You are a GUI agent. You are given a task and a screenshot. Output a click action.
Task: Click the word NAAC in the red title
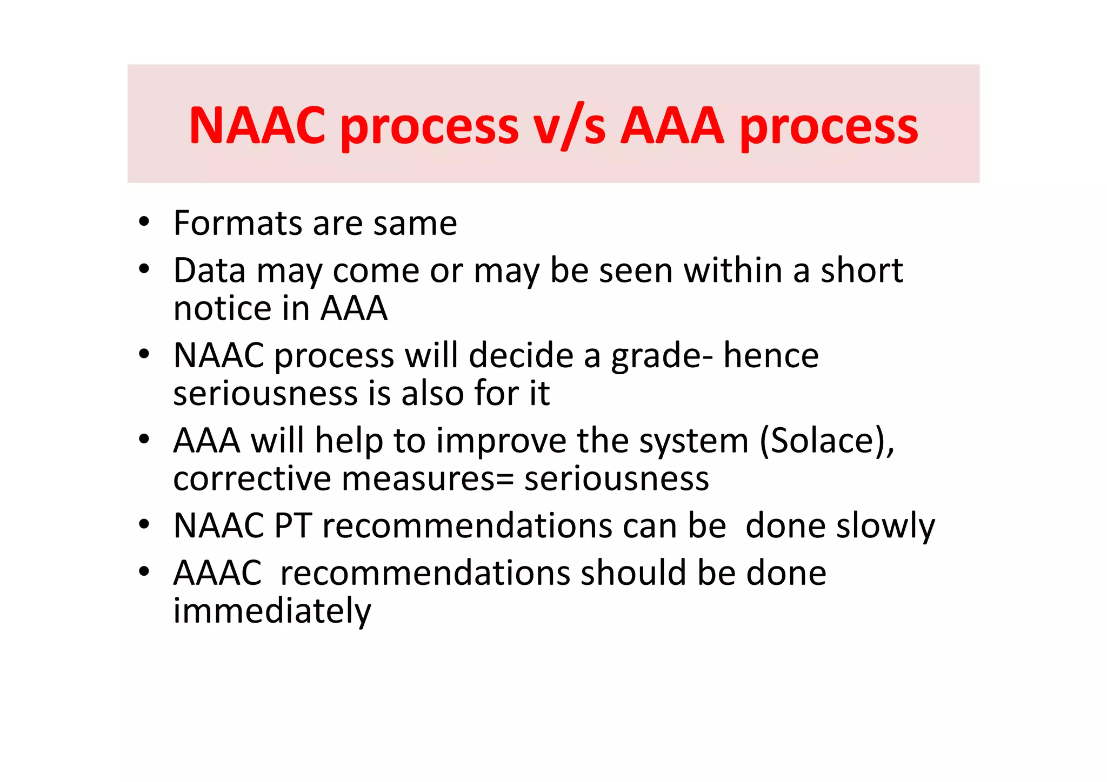(257, 125)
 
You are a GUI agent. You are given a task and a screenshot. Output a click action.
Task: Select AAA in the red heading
(672, 125)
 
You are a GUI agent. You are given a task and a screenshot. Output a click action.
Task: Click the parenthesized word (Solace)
(827, 441)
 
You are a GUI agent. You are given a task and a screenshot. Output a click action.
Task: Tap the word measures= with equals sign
(427, 478)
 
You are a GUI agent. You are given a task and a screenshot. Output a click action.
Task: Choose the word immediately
(272, 611)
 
